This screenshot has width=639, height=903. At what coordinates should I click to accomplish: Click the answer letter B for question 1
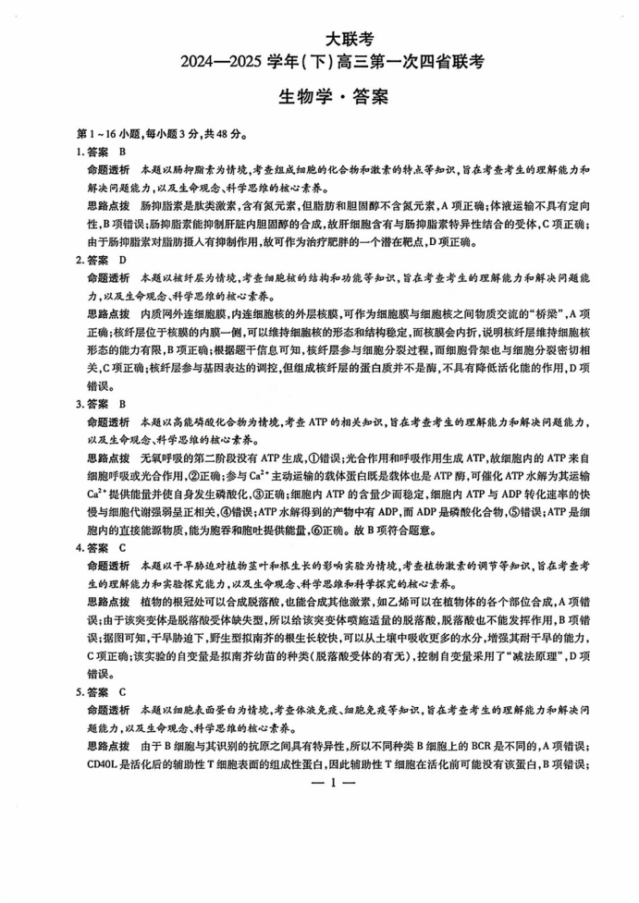(x=123, y=151)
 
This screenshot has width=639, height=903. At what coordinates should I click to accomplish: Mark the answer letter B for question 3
(x=123, y=404)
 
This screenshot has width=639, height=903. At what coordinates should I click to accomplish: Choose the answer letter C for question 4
(x=123, y=547)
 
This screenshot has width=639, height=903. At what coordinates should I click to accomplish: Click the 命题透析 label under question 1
(x=108, y=170)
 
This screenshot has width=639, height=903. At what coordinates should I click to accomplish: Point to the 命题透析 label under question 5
(x=108, y=710)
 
